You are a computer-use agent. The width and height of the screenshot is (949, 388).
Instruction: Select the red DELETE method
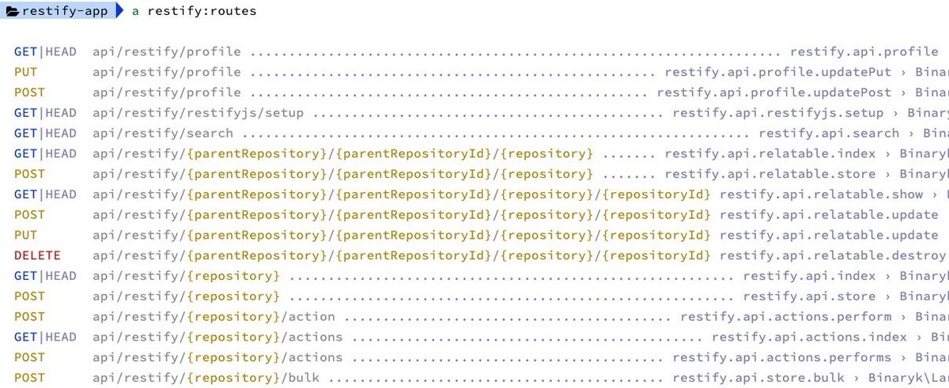point(37,255)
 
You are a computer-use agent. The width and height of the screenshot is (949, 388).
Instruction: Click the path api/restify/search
point(163,134)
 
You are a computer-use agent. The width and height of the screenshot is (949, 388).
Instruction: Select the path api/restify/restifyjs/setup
point(198,113)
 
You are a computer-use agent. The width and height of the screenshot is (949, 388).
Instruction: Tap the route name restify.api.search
point(829,134)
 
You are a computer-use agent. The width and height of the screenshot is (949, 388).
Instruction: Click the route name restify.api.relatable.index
point(770,154)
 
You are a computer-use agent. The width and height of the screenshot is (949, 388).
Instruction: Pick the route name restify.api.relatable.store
point(770,174)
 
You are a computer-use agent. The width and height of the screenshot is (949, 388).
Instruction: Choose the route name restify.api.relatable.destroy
point(833,255)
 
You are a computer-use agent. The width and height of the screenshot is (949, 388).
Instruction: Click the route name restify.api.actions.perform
point(786,317)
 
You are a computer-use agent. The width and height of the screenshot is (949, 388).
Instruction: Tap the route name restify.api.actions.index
point(810,337)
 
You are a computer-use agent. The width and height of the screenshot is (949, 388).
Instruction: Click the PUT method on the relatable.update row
point(25,235)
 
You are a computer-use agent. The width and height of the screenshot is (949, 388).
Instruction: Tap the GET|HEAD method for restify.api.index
point(45,276)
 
